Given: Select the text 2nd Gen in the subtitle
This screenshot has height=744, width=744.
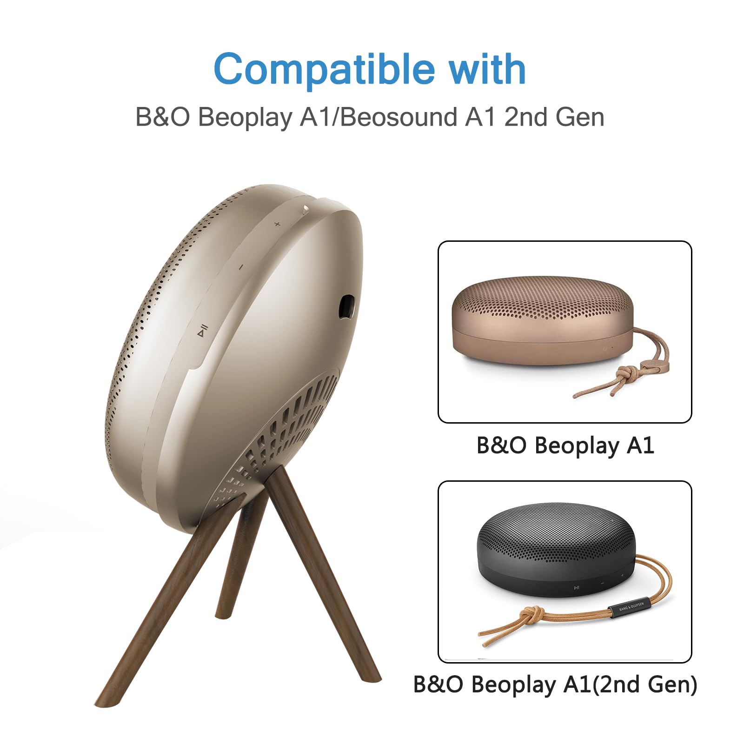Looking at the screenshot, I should pyautogui.click(x=554, y=117).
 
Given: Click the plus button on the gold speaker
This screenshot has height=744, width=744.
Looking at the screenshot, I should pyautogui.click(x=277, y=224).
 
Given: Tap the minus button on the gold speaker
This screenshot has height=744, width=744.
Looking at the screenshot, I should pyautogui.click(x=241, y=267).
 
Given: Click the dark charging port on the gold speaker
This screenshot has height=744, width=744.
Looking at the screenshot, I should pyautogui.click(x=346, y=307).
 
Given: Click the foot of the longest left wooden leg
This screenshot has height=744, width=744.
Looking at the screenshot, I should pyautogui.click(x=106, y=700).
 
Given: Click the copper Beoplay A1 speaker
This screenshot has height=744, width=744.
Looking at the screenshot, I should pyautogui.click(x=542, y=321).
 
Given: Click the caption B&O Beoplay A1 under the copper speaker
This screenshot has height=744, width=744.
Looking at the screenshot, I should pyautogui.click(x=565, y=445).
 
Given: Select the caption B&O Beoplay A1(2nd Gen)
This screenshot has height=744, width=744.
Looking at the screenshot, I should pyautogui.click(x=555, y=684).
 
